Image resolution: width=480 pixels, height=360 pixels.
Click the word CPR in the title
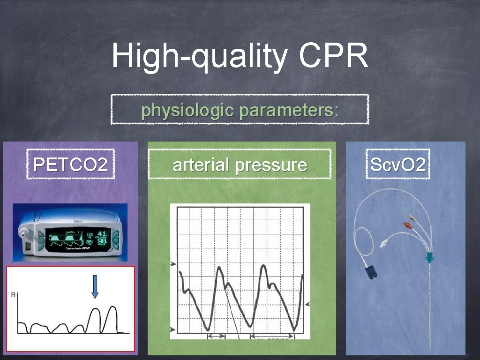point(333,56)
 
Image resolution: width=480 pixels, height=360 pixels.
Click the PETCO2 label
point(70,165)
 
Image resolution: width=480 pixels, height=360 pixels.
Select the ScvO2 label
point(397,165)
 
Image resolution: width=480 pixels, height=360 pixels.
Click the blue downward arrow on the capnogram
point(95,286)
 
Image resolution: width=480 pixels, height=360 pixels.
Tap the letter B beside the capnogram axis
point(13,294)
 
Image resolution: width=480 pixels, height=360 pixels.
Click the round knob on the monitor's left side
point(24,231)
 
